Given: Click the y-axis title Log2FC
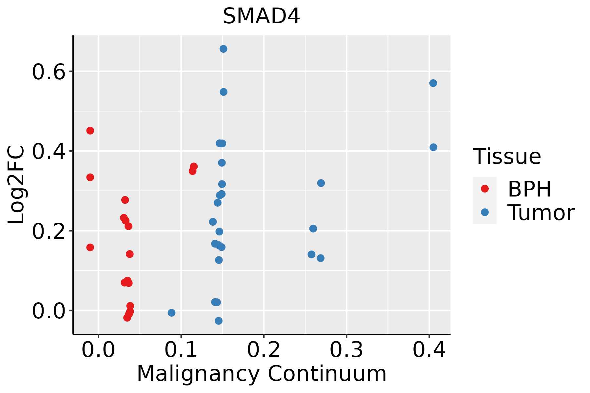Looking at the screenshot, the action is coord(16,185).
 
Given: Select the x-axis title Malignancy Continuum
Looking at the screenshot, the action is coord(262,374).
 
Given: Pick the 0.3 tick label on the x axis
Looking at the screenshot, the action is coord(346,350).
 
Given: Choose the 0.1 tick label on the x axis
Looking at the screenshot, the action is coord(181,350).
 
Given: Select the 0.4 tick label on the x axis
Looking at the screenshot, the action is coord(429,350).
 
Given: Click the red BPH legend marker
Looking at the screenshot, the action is coord(484,189).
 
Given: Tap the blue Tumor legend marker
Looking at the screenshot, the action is coord(484,212).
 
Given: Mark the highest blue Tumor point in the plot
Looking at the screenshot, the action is coord(224,49).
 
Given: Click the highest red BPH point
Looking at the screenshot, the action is coord(90,131).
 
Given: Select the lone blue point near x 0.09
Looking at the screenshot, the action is coord(171,313).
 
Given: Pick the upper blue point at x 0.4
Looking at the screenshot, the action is coord(433,83).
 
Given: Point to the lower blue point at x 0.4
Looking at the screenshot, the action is coord(433,147).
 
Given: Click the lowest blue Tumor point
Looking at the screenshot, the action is coord(219,321).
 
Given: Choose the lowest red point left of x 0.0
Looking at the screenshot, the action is coord(90,247).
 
